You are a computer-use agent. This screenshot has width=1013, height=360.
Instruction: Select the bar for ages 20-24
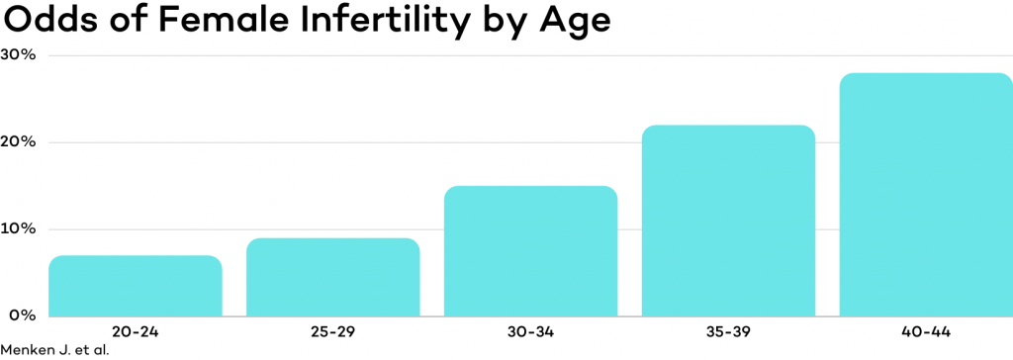point(135,286)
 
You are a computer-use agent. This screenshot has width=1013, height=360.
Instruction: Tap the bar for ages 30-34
point(530,251)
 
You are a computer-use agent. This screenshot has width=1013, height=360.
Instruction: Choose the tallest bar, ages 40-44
point(926,195)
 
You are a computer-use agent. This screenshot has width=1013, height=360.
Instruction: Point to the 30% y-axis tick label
point(19,54)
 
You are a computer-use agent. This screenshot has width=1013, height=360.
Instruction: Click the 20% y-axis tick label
point(19,141)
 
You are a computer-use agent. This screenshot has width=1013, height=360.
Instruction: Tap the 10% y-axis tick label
point(19,228)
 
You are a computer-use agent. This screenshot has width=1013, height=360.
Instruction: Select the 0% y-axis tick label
point(22,315)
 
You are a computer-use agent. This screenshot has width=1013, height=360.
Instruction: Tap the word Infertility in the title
point(376,20)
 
